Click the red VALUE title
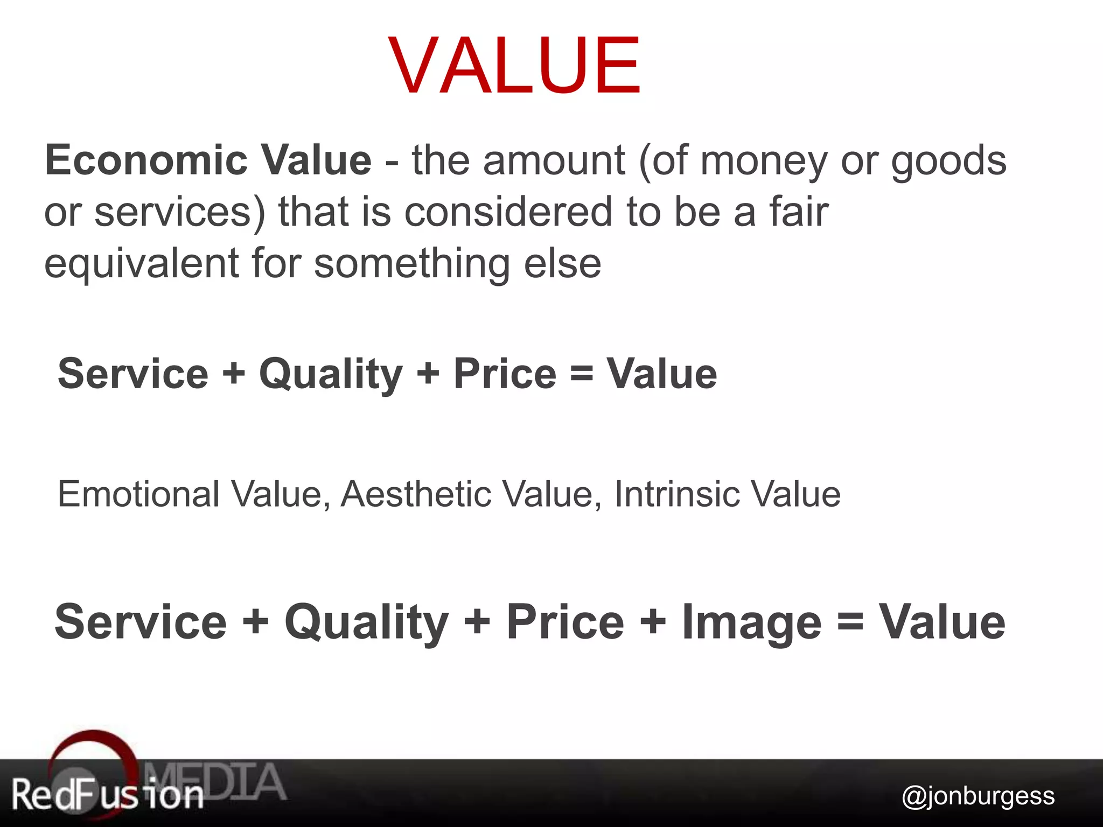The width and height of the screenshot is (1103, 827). (x=514, y=65)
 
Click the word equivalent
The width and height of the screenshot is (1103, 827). (x=141, y=264)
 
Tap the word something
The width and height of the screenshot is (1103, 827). (x=411, y=264)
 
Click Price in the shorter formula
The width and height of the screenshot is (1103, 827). (x=505, y=374)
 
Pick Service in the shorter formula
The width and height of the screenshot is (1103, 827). (x=132, y=374)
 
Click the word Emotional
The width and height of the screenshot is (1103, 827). (x=138, y=494)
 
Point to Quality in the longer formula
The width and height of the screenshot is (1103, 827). (x=366, y=622)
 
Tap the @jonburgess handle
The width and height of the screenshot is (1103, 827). (x=978, y=796)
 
